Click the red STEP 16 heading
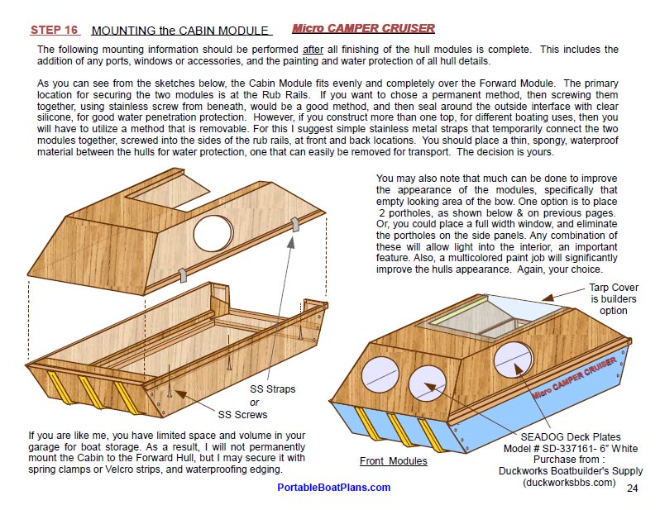pyautogui.click(x=55, y=31)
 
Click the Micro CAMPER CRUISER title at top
pyautogui.click(x=363, y=29)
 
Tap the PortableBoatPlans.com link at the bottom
pyautogui.click(x=333, y=487)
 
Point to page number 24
pyautogui.click(x=632, y=489)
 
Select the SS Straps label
pyautogui.click(x=272, y=388)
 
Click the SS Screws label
pyautogui.click(x=243, y=414)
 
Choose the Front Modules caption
pyautogui.click(x=393, y=461)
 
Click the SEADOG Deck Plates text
pyautogui.click(x=570, y=436)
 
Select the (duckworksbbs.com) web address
pyautogui.click(x=570, y=483)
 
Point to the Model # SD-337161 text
pyautogui.click(x=570, y=448)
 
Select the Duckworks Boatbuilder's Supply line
pyautogui.click(x=570, y=471)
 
